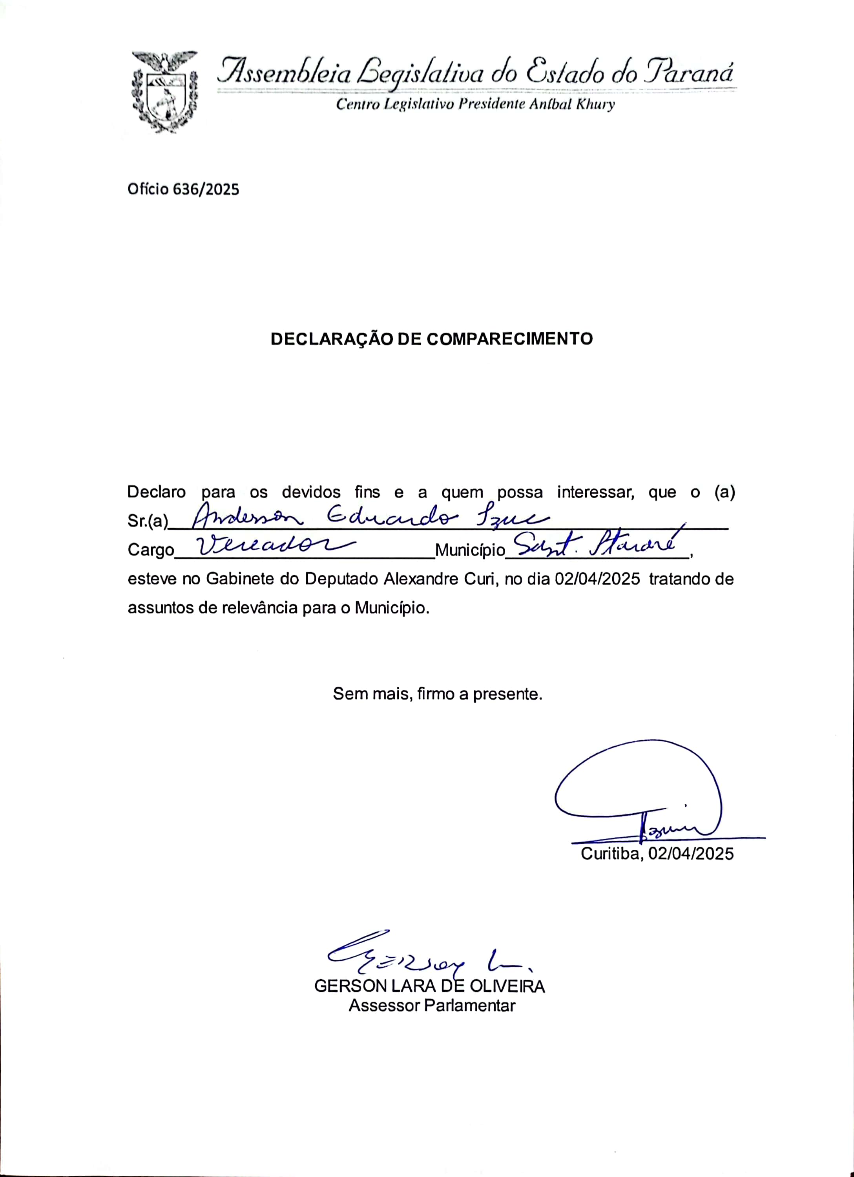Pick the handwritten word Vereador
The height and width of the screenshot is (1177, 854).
pos(265,546)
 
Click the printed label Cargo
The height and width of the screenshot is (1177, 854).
pos(151,550)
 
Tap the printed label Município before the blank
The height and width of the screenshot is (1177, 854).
pos(469,550)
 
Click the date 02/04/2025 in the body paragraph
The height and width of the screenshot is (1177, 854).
pos(597,579)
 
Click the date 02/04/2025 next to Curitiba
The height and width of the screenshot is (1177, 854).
pos(690,854)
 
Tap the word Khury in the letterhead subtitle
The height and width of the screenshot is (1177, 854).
pos(597,104)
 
